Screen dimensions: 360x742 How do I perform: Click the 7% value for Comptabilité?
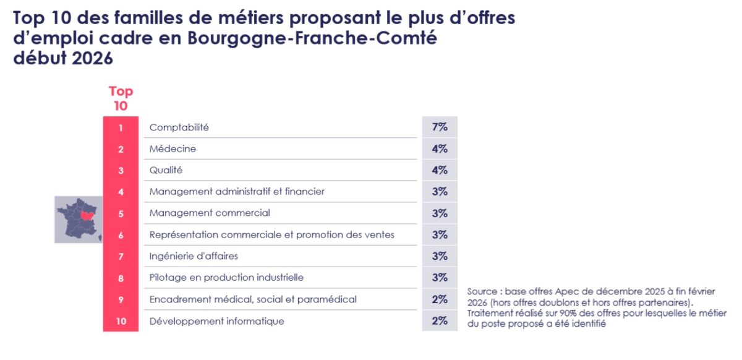tap(440, 127)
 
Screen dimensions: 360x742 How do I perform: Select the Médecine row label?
tap(173, 149)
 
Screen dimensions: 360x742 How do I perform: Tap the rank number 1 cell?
tap(121, 128)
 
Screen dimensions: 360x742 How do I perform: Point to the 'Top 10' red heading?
tap(121, 98)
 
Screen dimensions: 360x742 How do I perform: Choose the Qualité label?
tap(166, 170)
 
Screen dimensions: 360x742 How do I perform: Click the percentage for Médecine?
tap(440, 149)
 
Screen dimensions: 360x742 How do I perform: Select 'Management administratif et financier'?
tap(237, 192)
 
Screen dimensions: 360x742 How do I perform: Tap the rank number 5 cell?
tap(121, 213)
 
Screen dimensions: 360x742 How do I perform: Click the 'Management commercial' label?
tap(210, 213)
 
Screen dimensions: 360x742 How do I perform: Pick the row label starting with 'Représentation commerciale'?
tap(271, 235)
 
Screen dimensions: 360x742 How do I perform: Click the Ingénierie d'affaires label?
tap(194, 256)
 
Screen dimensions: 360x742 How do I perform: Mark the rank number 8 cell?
tap(121, 278)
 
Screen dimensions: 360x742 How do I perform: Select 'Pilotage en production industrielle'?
tap(226, 278)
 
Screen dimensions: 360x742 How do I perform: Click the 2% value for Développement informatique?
tap(440, 320)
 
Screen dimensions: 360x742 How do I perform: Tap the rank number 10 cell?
tap(121, 321)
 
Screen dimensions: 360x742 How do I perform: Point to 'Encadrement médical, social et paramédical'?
tap(253, 299)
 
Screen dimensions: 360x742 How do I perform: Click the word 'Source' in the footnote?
tap(482, 291)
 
